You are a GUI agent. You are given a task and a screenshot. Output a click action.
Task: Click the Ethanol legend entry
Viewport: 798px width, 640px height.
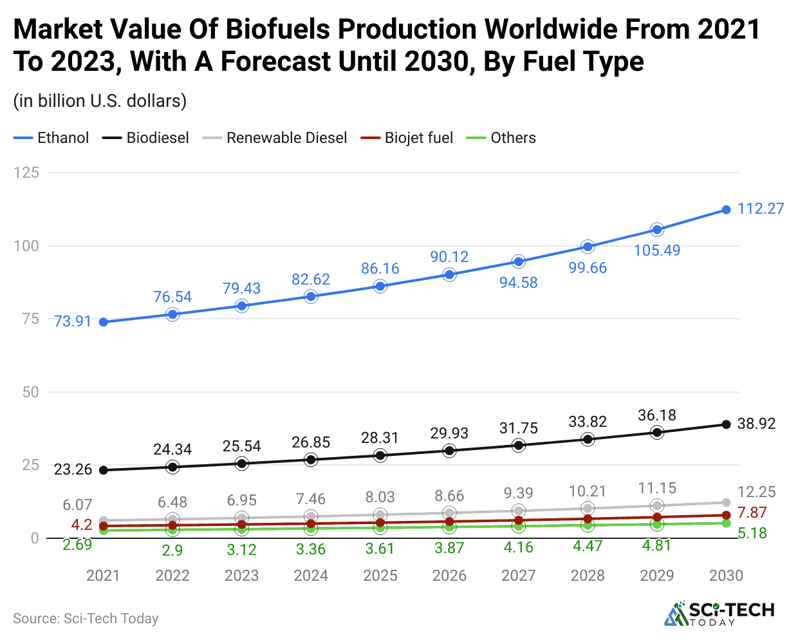[51, 138]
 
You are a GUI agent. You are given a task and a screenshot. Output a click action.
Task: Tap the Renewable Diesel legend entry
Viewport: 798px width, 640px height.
[275, 138]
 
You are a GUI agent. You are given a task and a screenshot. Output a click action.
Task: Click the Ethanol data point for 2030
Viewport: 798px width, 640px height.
[726, 210]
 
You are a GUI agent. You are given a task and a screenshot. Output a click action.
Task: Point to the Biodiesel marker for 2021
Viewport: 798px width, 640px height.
[104, 470]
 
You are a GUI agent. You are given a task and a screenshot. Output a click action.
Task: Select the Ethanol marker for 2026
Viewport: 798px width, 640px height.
[449, 275]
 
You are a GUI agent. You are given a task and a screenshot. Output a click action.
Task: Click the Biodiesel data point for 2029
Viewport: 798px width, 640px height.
[656, 433]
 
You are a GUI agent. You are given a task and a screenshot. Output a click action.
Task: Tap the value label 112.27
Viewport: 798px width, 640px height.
[761, 209]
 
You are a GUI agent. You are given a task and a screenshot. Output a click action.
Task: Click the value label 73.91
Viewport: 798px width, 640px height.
[73, 321]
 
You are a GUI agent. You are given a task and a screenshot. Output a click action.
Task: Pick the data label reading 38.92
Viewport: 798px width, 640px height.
[756, 424]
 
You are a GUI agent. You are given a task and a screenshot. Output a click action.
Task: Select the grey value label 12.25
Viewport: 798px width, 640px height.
[756, 492]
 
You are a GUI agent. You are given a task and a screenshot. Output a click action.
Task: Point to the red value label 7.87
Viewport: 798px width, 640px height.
[752, 513]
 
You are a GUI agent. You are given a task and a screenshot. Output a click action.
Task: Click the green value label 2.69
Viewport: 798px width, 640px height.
[77, 545]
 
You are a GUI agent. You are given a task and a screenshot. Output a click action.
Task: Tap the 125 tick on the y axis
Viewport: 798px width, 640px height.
[26, 173]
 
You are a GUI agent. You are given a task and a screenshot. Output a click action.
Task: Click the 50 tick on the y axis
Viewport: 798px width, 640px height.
[30, 392]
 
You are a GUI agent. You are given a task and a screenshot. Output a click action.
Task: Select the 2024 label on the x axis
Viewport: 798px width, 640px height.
[311, 576]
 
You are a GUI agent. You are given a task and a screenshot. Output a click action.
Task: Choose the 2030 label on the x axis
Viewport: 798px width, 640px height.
[726, 576]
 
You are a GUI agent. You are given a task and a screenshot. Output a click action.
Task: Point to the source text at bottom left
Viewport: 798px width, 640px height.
[86, 619]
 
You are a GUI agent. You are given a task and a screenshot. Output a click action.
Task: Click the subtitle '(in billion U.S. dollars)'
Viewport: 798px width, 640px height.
[100, 101]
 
